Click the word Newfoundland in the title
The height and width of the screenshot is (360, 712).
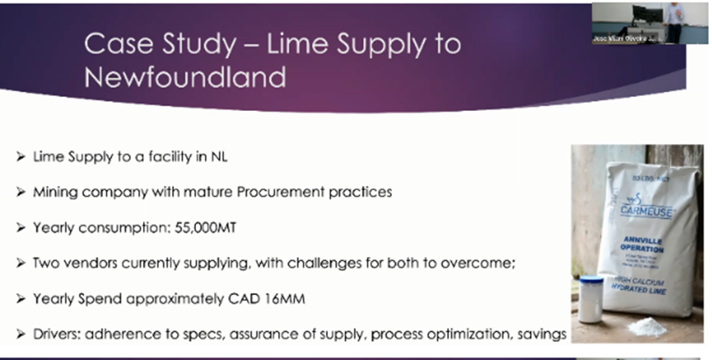coord(185,76)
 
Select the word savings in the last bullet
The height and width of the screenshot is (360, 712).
coord(541,334)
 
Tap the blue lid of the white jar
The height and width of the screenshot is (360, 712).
coord(591,281)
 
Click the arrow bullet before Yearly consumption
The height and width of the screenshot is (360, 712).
coord(20,228)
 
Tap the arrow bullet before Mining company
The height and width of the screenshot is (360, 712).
coord(20,192)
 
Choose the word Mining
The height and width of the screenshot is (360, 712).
coord(52,192)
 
